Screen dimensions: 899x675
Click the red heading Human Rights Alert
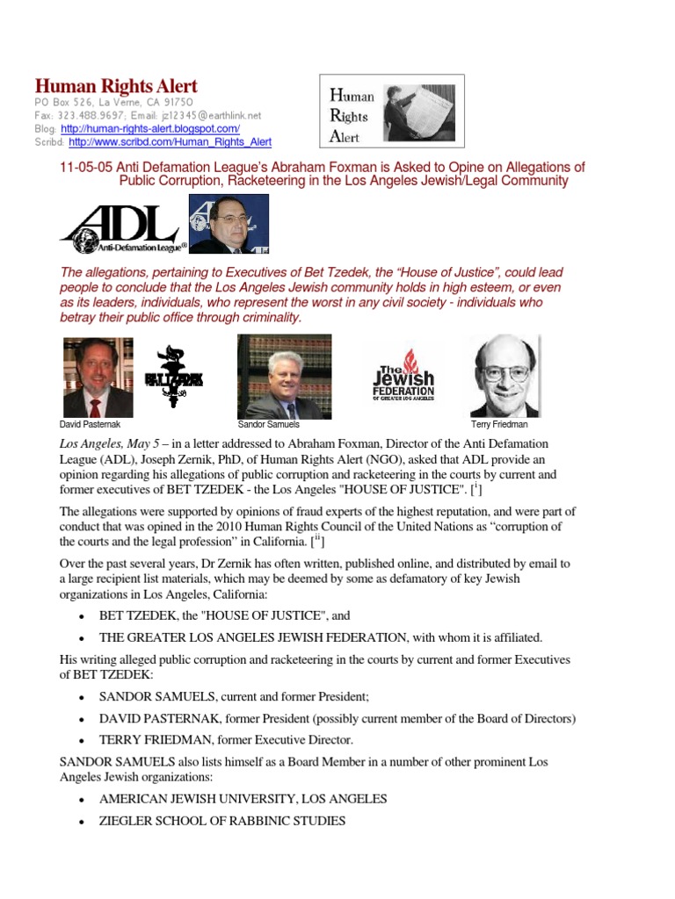tap(115, 86)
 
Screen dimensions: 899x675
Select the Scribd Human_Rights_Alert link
tap(170, 141)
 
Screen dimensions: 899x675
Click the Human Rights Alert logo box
tap(390, 110)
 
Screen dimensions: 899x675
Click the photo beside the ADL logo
tap(229, 224)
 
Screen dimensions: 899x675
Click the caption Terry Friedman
tap(499, 424)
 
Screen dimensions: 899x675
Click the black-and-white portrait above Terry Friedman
tap(504, 375)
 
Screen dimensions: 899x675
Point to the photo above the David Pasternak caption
tap(98, 377)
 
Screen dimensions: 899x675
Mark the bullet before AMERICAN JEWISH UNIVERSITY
tap(81, 801)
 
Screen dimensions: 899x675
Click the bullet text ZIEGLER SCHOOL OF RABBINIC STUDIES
tap(222, 822)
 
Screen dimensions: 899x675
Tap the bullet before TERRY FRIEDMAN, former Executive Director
tap(81, 741)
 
